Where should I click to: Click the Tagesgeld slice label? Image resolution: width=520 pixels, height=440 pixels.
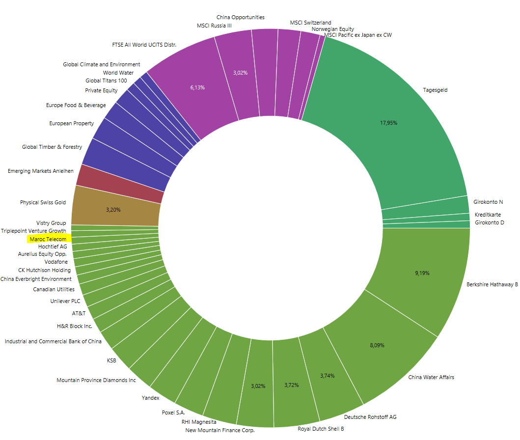(x=435, y=90)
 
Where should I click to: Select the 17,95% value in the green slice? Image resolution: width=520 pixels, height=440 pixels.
(x=388, y=123)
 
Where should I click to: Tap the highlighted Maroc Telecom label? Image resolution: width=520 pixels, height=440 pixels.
(x=48, y=239)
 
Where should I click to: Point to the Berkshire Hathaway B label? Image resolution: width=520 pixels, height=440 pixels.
(x=492, y=284)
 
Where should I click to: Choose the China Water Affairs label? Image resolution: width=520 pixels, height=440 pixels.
(x=431, y=377)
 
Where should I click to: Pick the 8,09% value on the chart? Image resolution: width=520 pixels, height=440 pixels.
(x=377, y=345)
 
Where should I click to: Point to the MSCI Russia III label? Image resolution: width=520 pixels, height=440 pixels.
(x=214, y=26)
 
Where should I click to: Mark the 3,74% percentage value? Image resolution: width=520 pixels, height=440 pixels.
(x=328, y=376)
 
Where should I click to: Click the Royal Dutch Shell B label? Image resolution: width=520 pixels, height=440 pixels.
(x=321, y=429)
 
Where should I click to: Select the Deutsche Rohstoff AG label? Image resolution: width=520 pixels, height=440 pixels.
(x=370, y=417)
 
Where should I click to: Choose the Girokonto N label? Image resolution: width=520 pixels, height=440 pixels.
(x=488, y=202)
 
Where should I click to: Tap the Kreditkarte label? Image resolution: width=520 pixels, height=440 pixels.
(x=488, y=215)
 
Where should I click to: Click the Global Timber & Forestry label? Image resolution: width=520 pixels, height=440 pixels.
(x=52, y=147)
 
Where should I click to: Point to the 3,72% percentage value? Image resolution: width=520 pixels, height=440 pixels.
(x=292, y=385)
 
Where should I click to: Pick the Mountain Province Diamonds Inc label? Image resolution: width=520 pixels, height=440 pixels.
(x=96, y=380)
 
